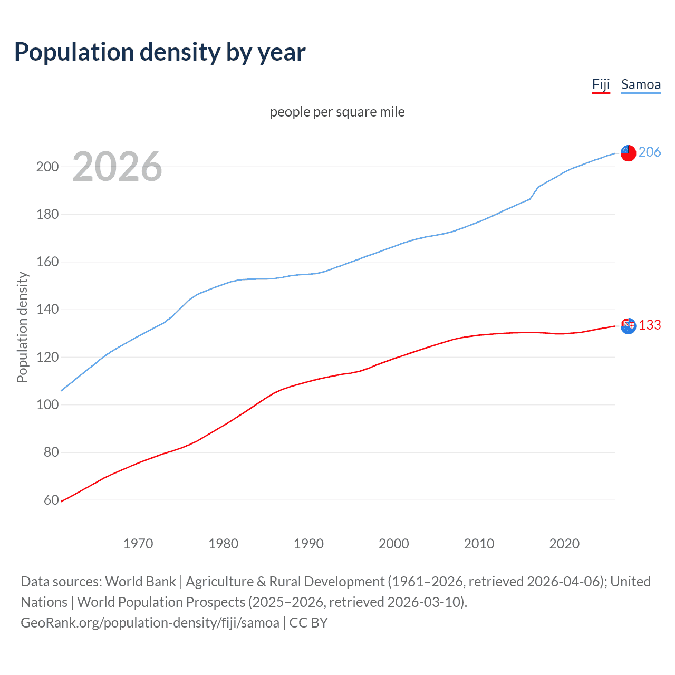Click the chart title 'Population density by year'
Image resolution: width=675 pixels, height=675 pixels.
click(x=160, y=52)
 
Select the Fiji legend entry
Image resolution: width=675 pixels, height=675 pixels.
click(x=601, y=85)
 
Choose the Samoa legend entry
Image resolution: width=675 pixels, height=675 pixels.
click(x=641, y=85)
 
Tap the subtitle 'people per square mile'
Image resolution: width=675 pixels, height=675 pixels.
click(x=337, y=112)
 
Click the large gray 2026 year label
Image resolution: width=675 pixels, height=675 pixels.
click(x=117, y=167)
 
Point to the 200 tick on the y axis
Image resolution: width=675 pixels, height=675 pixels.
click(x=47, y=167)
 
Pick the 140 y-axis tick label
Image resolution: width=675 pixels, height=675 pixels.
click(x=47, y=310)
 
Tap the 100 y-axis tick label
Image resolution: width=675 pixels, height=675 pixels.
click(x=47, y=405)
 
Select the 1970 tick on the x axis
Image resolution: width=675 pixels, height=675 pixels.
click(x=138, y=544)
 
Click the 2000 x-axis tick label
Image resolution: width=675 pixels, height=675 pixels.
click(x=393, y=544)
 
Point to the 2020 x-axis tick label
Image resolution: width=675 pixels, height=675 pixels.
click(x=564, y=544)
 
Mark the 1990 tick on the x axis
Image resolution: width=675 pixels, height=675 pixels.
click(x=308, y=544)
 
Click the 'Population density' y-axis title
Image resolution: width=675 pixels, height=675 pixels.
click(x=22, y=327)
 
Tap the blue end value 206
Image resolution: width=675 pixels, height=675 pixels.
click(x=649, y=152)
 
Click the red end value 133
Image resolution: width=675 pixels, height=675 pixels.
click(x=650, y=325)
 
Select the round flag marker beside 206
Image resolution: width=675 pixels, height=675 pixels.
click(x=628, y=153)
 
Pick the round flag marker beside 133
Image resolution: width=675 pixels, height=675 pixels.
click(x=628, y=326)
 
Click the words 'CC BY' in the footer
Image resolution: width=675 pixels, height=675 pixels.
click(x=308, y=623)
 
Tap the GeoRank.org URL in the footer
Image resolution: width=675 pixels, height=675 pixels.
click(x=150, y=623)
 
